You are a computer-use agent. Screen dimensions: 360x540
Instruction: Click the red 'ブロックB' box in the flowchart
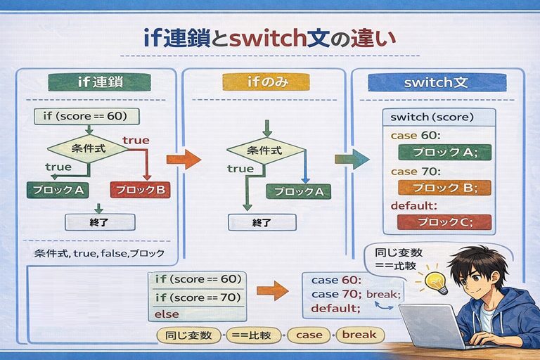point(141,190)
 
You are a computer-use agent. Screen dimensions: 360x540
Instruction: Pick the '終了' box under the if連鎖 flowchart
point(99,222)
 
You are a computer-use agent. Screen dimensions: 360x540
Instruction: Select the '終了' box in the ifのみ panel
point(262,222)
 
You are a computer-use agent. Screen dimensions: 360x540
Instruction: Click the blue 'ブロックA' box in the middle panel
point(299,191)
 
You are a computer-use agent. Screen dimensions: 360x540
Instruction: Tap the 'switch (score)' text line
point(432,117)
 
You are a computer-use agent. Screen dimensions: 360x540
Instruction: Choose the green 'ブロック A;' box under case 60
point(444,153)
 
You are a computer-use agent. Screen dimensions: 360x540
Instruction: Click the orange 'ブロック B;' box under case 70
point(444,188)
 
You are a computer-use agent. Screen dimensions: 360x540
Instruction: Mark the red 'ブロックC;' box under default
point(444,222)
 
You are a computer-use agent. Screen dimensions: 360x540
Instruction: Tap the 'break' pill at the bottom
point(359,335)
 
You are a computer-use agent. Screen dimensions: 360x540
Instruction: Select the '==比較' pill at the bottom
point(255,335)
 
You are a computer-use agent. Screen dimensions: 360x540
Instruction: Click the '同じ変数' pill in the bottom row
point(186,335)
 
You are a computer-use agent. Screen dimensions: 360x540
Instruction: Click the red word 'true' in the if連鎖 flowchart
point(136,141)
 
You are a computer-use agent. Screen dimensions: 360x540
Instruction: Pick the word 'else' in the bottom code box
point(167,314)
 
